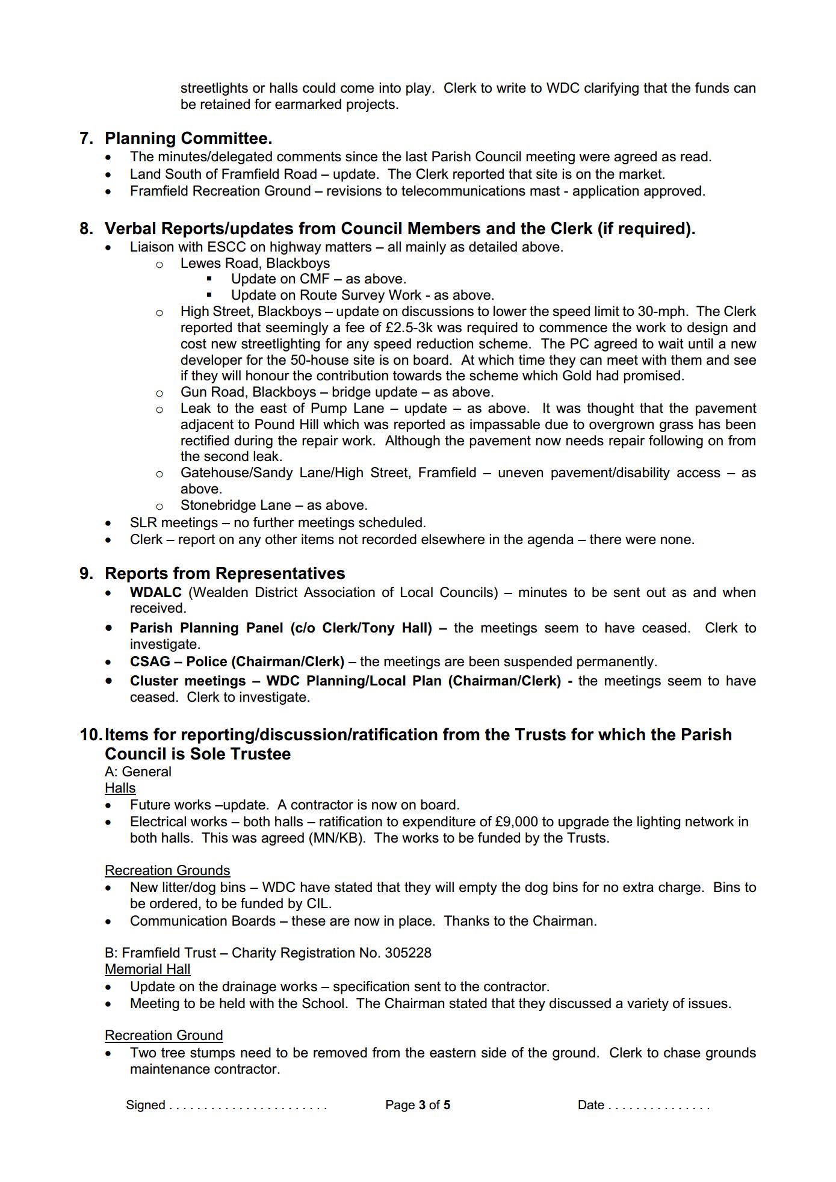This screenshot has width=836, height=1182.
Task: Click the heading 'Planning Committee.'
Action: pyautogui.click(x=188, y=138)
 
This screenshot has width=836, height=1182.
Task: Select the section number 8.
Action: pyautogui.click(x=86, y=229)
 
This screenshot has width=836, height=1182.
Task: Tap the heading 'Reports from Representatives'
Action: pyautogui.click(x=224, y=574)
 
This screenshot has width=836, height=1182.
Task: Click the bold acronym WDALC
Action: pyautogui.click(x=155, y=592)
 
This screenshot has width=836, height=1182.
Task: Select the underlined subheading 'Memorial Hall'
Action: pyautogui.click(x=147, y=970)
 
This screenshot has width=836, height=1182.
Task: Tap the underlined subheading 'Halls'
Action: pyautogui.click(x=120, y=788)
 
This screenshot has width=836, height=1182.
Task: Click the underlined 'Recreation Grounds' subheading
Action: pyautogui.click(x=167, y=871)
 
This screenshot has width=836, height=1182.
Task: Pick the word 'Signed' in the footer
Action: pyautogui.click(x=145, y=1105)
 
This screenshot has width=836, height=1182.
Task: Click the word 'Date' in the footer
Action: pyautogui.click(x=590, y=1105)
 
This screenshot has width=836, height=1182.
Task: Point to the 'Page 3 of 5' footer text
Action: pyautogui.click(x=418, y=1105)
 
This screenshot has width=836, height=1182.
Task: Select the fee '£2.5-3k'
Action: pyautogui.click(x=409, y=328)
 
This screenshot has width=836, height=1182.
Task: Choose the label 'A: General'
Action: pyautogui.click(x=138, y=772)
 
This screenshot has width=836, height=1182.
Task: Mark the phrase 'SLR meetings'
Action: pyautogui.click(x=174, y=523)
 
